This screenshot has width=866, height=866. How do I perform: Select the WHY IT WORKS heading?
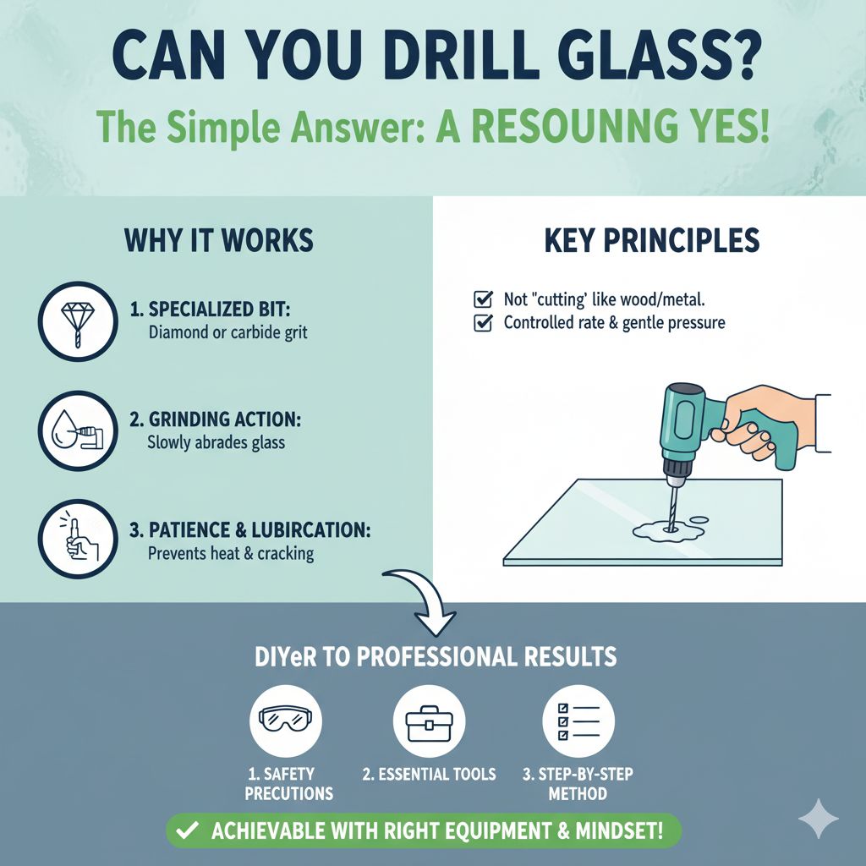[x=219, y=240]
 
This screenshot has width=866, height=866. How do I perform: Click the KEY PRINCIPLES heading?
[x=650, y=240]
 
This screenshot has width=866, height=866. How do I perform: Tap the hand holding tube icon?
[x=78, y=539]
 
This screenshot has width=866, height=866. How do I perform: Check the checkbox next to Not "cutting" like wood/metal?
[x=483, y=299]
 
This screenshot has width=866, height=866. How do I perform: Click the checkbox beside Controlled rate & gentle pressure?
[x=483, y=323]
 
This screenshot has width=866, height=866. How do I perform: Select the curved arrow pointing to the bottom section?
[x=422, y=602]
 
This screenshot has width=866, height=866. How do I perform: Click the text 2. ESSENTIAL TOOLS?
[x=430, y=774]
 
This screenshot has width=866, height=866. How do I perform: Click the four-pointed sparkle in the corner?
[x=818, y=819]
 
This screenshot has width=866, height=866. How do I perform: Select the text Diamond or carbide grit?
[x=227, y=332]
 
